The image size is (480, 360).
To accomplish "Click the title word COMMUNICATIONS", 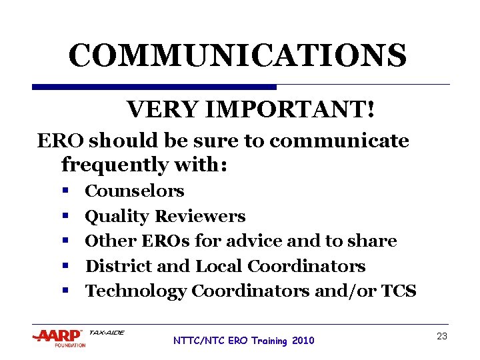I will click(237, 56).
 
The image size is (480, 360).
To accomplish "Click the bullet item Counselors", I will click(135, 191).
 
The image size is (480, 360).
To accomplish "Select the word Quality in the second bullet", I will click(117, 217).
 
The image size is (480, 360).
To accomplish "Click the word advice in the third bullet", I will click(247, 241).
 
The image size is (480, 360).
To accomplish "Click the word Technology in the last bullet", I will click(136, 291).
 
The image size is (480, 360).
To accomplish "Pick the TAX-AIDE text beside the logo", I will click(106, 333).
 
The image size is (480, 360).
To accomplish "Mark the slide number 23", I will click(441, 337).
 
